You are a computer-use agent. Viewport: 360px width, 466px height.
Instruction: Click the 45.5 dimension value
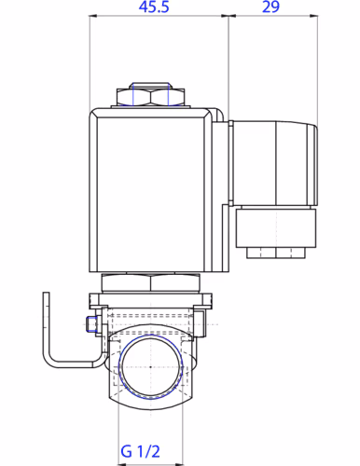tap(154, 7)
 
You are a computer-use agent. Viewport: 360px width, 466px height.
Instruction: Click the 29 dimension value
tap(270, 7)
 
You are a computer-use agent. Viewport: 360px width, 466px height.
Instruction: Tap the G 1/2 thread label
tap(140, 451)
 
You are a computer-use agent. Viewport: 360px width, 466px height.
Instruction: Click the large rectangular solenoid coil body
tap(151, 190)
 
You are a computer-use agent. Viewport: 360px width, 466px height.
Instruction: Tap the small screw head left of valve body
tap(91, 324)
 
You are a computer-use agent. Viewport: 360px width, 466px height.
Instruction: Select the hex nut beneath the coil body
tap(151, 282)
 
